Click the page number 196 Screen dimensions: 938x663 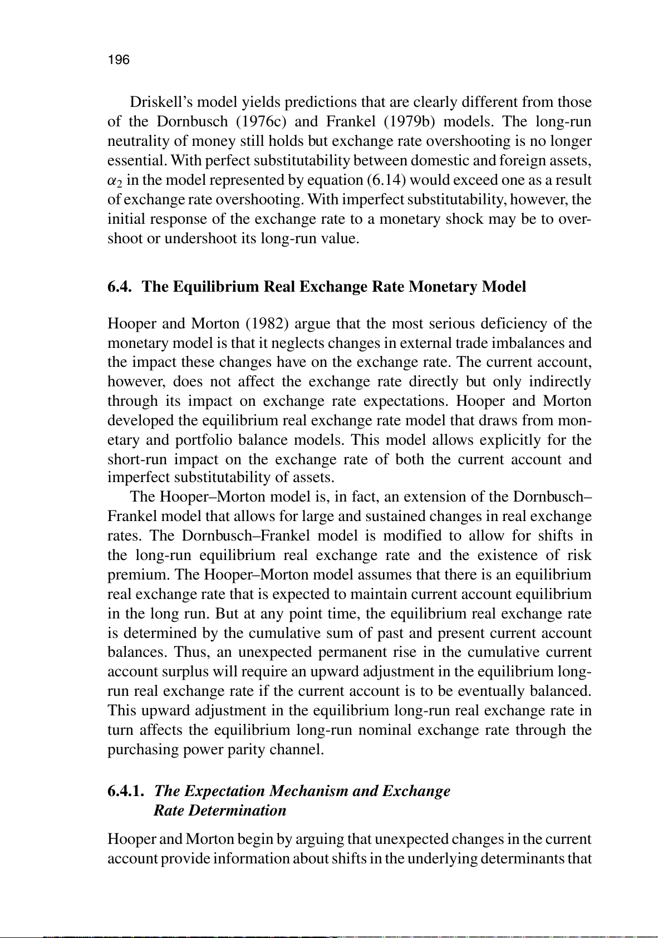coord(118,60)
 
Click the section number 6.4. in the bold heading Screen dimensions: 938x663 coord(121,287)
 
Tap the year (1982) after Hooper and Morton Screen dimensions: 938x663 coord(261,323)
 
